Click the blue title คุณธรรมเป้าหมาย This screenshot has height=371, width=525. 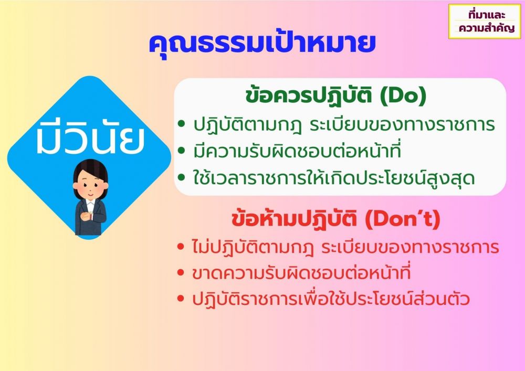262,44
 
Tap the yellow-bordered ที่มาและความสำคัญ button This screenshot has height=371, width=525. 485,22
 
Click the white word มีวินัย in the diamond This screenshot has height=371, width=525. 90,137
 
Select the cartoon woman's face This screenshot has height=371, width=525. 90,184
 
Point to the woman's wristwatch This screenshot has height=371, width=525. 91,216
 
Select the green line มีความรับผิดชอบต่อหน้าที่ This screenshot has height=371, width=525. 297,151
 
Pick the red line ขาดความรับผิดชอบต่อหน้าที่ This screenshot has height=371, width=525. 301,273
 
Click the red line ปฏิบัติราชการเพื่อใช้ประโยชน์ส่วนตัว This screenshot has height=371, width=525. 331,299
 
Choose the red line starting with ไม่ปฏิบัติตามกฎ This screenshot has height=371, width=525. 345,248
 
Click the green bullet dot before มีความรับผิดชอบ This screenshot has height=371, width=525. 182,151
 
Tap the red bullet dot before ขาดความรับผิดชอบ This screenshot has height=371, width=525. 181,273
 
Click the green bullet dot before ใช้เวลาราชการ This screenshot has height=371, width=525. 182,177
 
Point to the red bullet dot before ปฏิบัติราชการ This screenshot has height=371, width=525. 181,299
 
